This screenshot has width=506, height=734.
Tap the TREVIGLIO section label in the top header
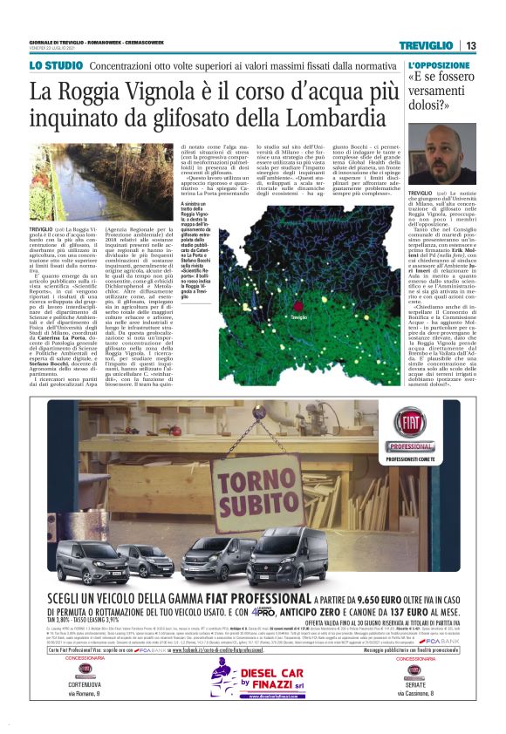tap(427, 45)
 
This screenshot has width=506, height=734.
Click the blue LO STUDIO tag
tap(54, 66)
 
